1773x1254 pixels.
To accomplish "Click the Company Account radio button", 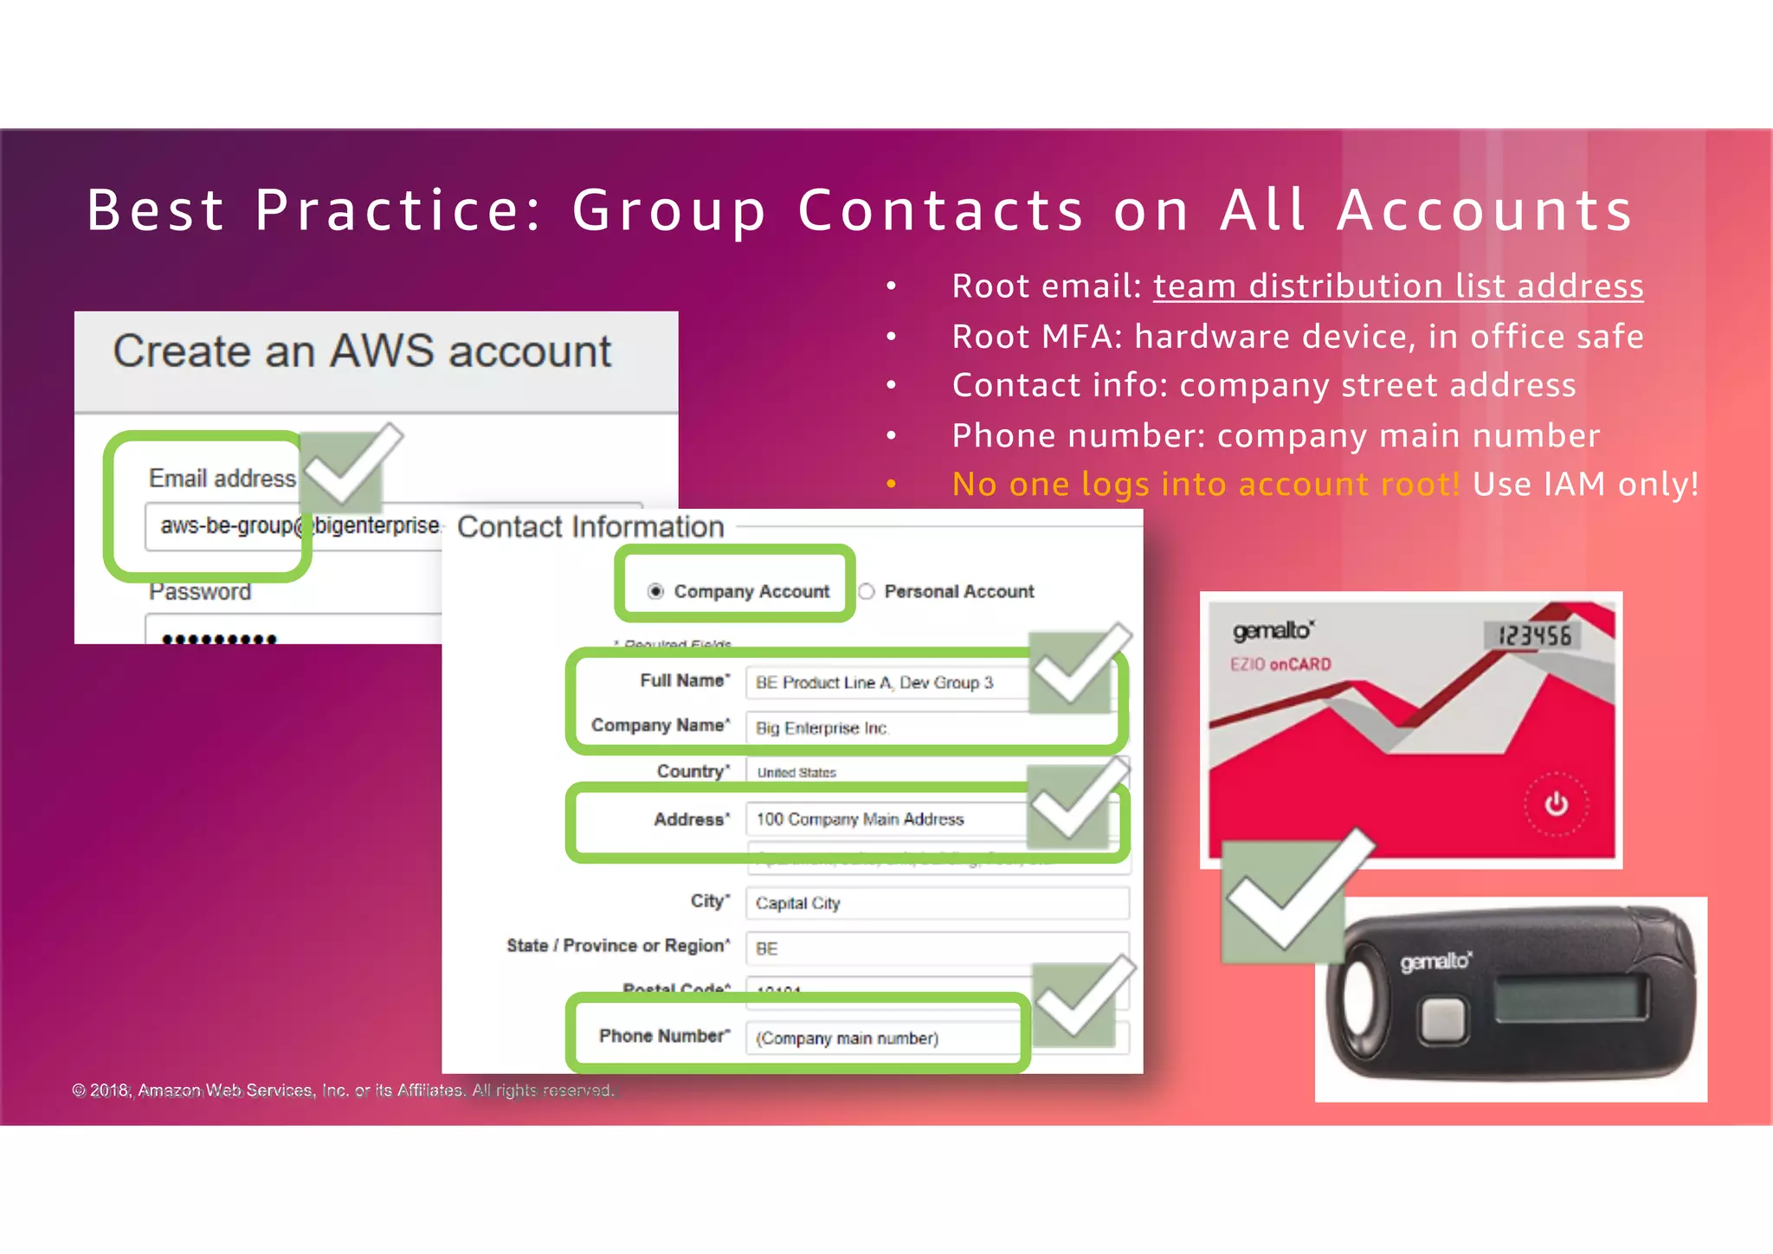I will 655,591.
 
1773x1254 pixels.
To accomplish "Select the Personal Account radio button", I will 867,591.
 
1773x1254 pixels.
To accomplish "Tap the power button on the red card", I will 1556,804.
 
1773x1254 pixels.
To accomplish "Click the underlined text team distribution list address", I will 1397,286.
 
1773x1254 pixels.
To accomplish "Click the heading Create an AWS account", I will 362,351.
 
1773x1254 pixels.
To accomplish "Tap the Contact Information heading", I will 590,527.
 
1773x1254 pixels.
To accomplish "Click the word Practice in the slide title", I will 399,210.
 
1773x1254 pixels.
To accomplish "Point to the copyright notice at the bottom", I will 343,1090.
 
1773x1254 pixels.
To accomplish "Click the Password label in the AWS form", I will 200,592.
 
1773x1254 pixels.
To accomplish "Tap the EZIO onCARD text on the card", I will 1280,665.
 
